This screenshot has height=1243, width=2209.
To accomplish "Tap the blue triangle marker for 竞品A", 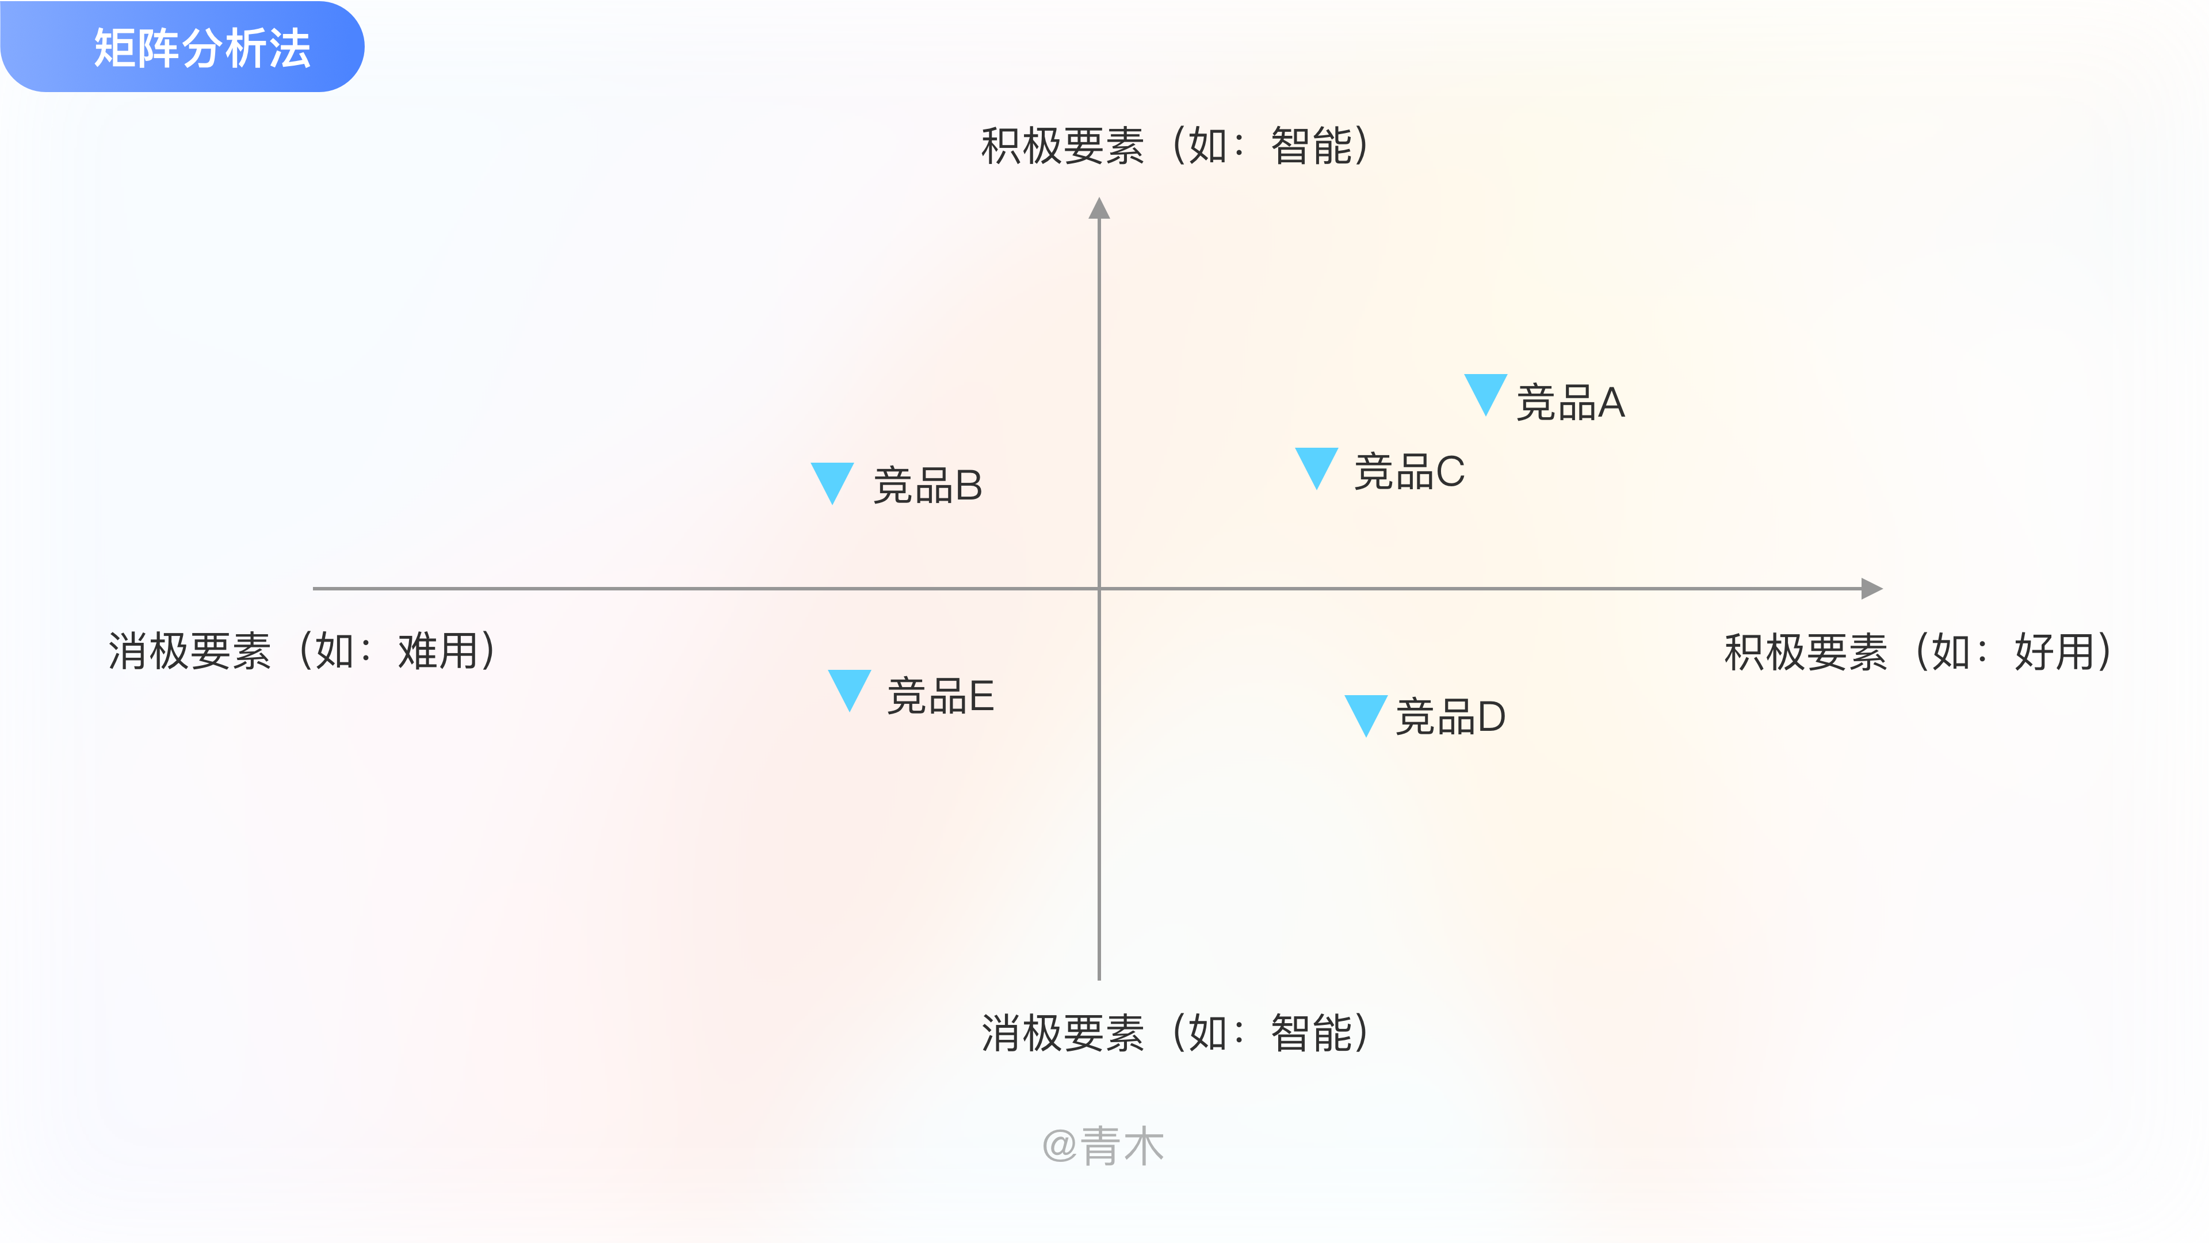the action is pyautogui.click(x=1485, y=391).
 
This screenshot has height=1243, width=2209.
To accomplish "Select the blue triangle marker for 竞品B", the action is pyautogui.click(x=832, y=481).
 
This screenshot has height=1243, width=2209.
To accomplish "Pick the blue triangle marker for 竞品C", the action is pyautogui.click(x=1316, y=465).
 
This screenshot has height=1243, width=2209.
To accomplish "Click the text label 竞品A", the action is pyautogui.click(x=1570, y=402).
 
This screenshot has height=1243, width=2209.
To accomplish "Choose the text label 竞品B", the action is pyautogui.click(x=927, y=486).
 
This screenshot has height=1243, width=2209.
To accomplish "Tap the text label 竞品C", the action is pyautogui.click(x=1409, y=472).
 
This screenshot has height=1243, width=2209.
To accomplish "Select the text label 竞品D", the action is pyautogui.click(x=1450, y=716).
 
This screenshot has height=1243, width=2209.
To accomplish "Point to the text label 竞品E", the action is pyautogui.click(x=940, y=696).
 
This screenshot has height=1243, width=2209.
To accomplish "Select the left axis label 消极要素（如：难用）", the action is pyautogui.click(x=303, y=650).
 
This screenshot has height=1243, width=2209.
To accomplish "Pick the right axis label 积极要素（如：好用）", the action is pyautogui.click(x=1918, y=651).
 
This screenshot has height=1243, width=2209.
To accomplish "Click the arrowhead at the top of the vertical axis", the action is pyautogui.click(x=1099, y=208).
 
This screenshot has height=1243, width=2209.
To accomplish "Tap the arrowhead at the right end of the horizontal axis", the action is pyautogui.click(x=1871, y=589).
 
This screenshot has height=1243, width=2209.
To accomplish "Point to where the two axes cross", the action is pyautogui.click(x=1099, y=589).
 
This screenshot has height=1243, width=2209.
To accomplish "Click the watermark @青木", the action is pyautogui.click(x=1103, y=1146).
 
